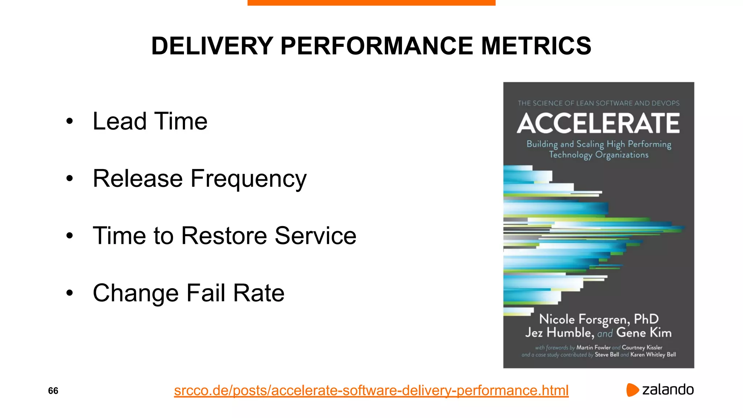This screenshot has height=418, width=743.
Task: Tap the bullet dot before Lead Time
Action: [70, 122]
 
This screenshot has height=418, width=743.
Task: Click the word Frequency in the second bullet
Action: [249, 179]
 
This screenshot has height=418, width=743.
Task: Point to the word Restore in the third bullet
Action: [224, 236]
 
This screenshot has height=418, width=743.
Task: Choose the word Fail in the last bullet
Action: [206, 293]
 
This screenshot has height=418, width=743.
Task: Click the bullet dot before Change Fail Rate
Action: [70, 293]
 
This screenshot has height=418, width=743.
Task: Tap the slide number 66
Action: [53, 391]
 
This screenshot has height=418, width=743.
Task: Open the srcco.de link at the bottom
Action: [371, 391]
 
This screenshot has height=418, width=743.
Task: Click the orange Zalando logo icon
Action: [632, 390]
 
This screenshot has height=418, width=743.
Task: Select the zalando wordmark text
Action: [668, 390]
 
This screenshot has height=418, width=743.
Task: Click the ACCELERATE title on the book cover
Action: [598, 123]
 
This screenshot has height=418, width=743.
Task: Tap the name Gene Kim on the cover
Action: [644, 333]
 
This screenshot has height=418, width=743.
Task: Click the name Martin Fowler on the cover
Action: [594, 348]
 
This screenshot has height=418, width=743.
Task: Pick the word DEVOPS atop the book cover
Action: [665, 103]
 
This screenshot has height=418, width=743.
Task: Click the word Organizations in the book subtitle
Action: [621, 155]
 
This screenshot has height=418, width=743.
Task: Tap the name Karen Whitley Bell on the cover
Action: [653, 355]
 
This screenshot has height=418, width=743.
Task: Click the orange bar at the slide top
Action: [371, 3]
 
